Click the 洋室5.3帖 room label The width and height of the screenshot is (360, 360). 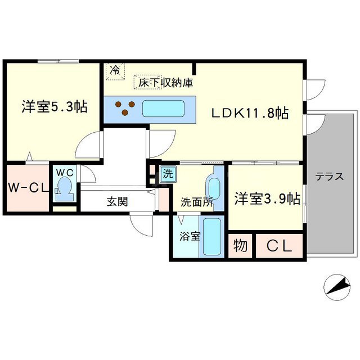[x=55, y=106]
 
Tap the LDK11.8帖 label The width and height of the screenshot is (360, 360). [x=250, y=113]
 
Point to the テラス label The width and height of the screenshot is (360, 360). [x=329, y=175]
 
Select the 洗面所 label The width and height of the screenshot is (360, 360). [x=196, y=202]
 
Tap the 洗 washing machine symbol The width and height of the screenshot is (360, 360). [x=168, y=174]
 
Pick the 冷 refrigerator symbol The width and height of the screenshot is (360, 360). [x=115, y=70]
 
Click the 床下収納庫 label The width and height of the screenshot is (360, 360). [x=164, y=83]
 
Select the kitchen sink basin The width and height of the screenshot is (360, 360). [x=164, y=109]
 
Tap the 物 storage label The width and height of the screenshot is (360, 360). [x=240, y=246]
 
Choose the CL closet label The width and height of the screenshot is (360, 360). [x=279, y=246]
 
